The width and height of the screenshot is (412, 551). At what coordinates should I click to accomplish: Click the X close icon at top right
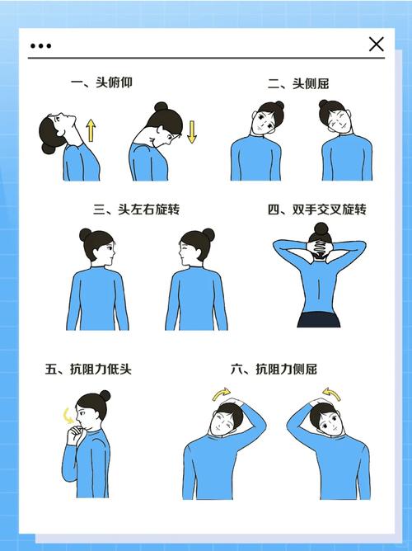377,45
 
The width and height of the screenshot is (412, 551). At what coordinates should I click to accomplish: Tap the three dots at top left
40,45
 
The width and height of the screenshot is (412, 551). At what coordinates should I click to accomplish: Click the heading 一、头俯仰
101,82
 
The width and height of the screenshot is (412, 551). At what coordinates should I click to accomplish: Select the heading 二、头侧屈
304,83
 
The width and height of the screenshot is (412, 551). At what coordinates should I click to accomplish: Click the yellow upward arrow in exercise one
91,130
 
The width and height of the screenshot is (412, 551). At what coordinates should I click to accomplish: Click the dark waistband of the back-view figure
317,320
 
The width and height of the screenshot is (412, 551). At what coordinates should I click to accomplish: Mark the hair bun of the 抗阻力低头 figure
104,396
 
